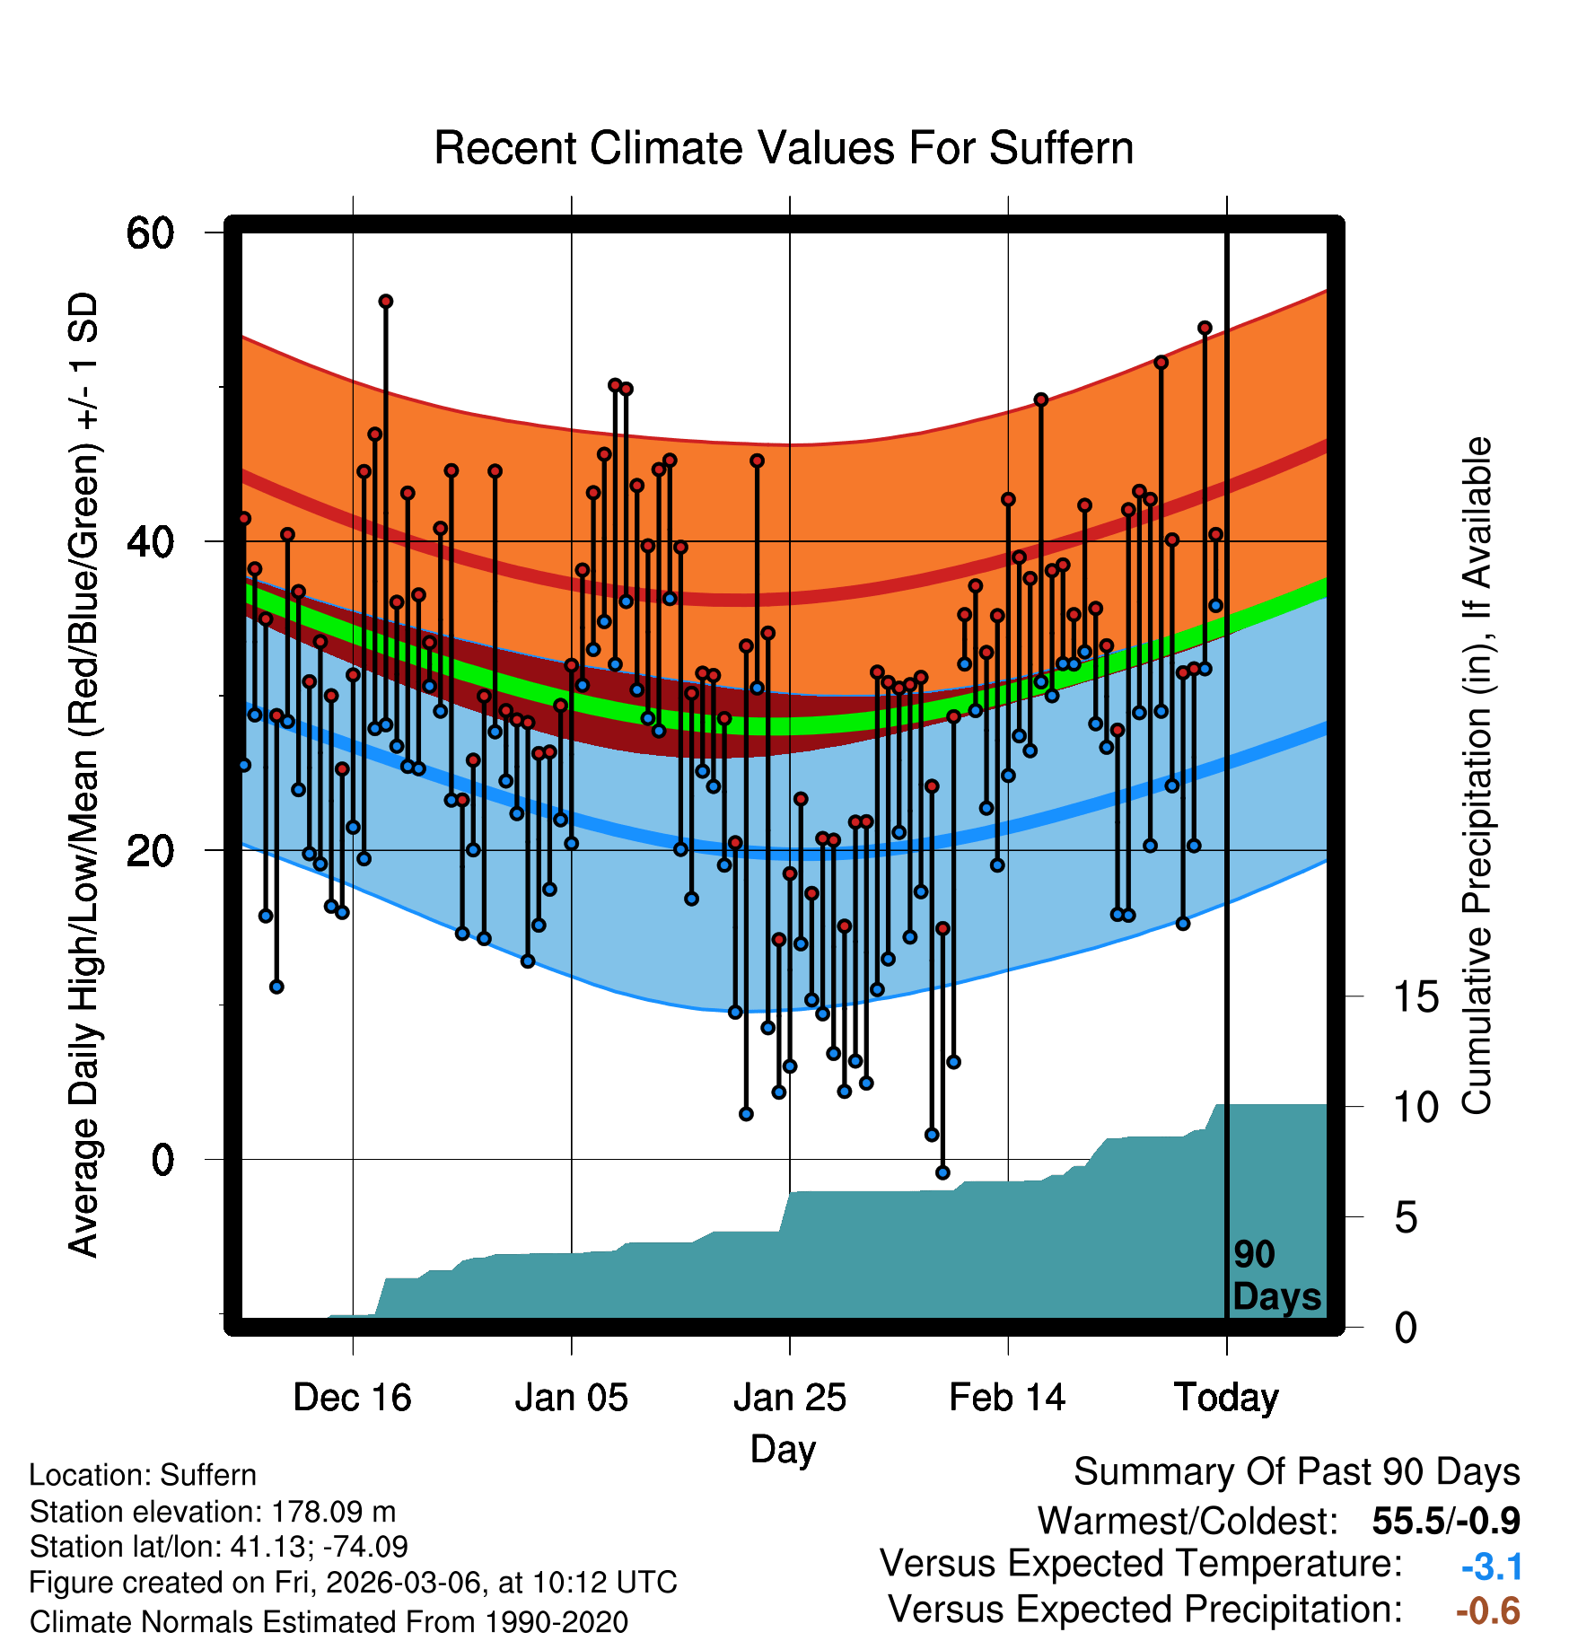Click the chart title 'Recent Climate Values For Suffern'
[783, 148]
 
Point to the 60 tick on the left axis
[150, 233]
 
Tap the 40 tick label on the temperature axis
[150, 541]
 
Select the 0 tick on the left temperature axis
[162, 1159]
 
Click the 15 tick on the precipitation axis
[1416, 996]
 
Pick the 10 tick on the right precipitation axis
[1416, 1107]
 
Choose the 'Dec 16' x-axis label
[352, 1398]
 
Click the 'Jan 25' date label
[789, 1398]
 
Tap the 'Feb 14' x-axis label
[1007, 1398]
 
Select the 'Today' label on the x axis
[1226, 1398]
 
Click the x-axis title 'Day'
[783, 1450]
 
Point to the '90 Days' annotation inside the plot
[1275, 1276]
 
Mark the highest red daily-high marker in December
[385, 302]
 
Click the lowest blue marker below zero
[942, 1172]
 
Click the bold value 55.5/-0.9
[1445, 1521]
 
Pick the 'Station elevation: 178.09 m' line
[213, 1512]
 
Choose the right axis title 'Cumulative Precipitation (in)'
[1477, 777]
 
